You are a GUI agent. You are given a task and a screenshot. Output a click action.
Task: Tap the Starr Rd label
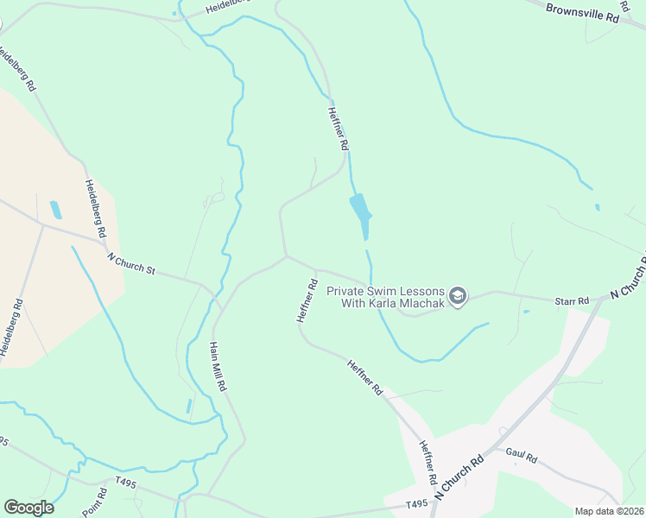(x=572, y=300)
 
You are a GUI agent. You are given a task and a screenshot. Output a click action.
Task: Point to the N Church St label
(x=131, y=263)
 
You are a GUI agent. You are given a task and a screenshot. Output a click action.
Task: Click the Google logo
(x=28, y=508)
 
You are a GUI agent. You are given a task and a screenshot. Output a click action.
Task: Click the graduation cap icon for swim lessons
(x=458, y=297)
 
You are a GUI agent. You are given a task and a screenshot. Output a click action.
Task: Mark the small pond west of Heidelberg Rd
(x=56, y=209)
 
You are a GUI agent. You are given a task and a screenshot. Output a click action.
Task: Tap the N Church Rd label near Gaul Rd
(x=459, y=478)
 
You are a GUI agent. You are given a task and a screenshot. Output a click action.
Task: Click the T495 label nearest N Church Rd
(x=417, y=504)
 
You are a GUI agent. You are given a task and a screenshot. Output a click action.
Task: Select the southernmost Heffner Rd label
(x=425, y=462)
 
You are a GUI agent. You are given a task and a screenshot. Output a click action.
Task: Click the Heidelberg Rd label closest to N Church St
(x=95, y=209)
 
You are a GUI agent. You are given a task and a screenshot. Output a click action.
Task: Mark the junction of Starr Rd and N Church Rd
(x=602, y=302)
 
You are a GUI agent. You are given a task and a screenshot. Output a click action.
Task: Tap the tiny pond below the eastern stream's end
(x=597, y=207)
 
